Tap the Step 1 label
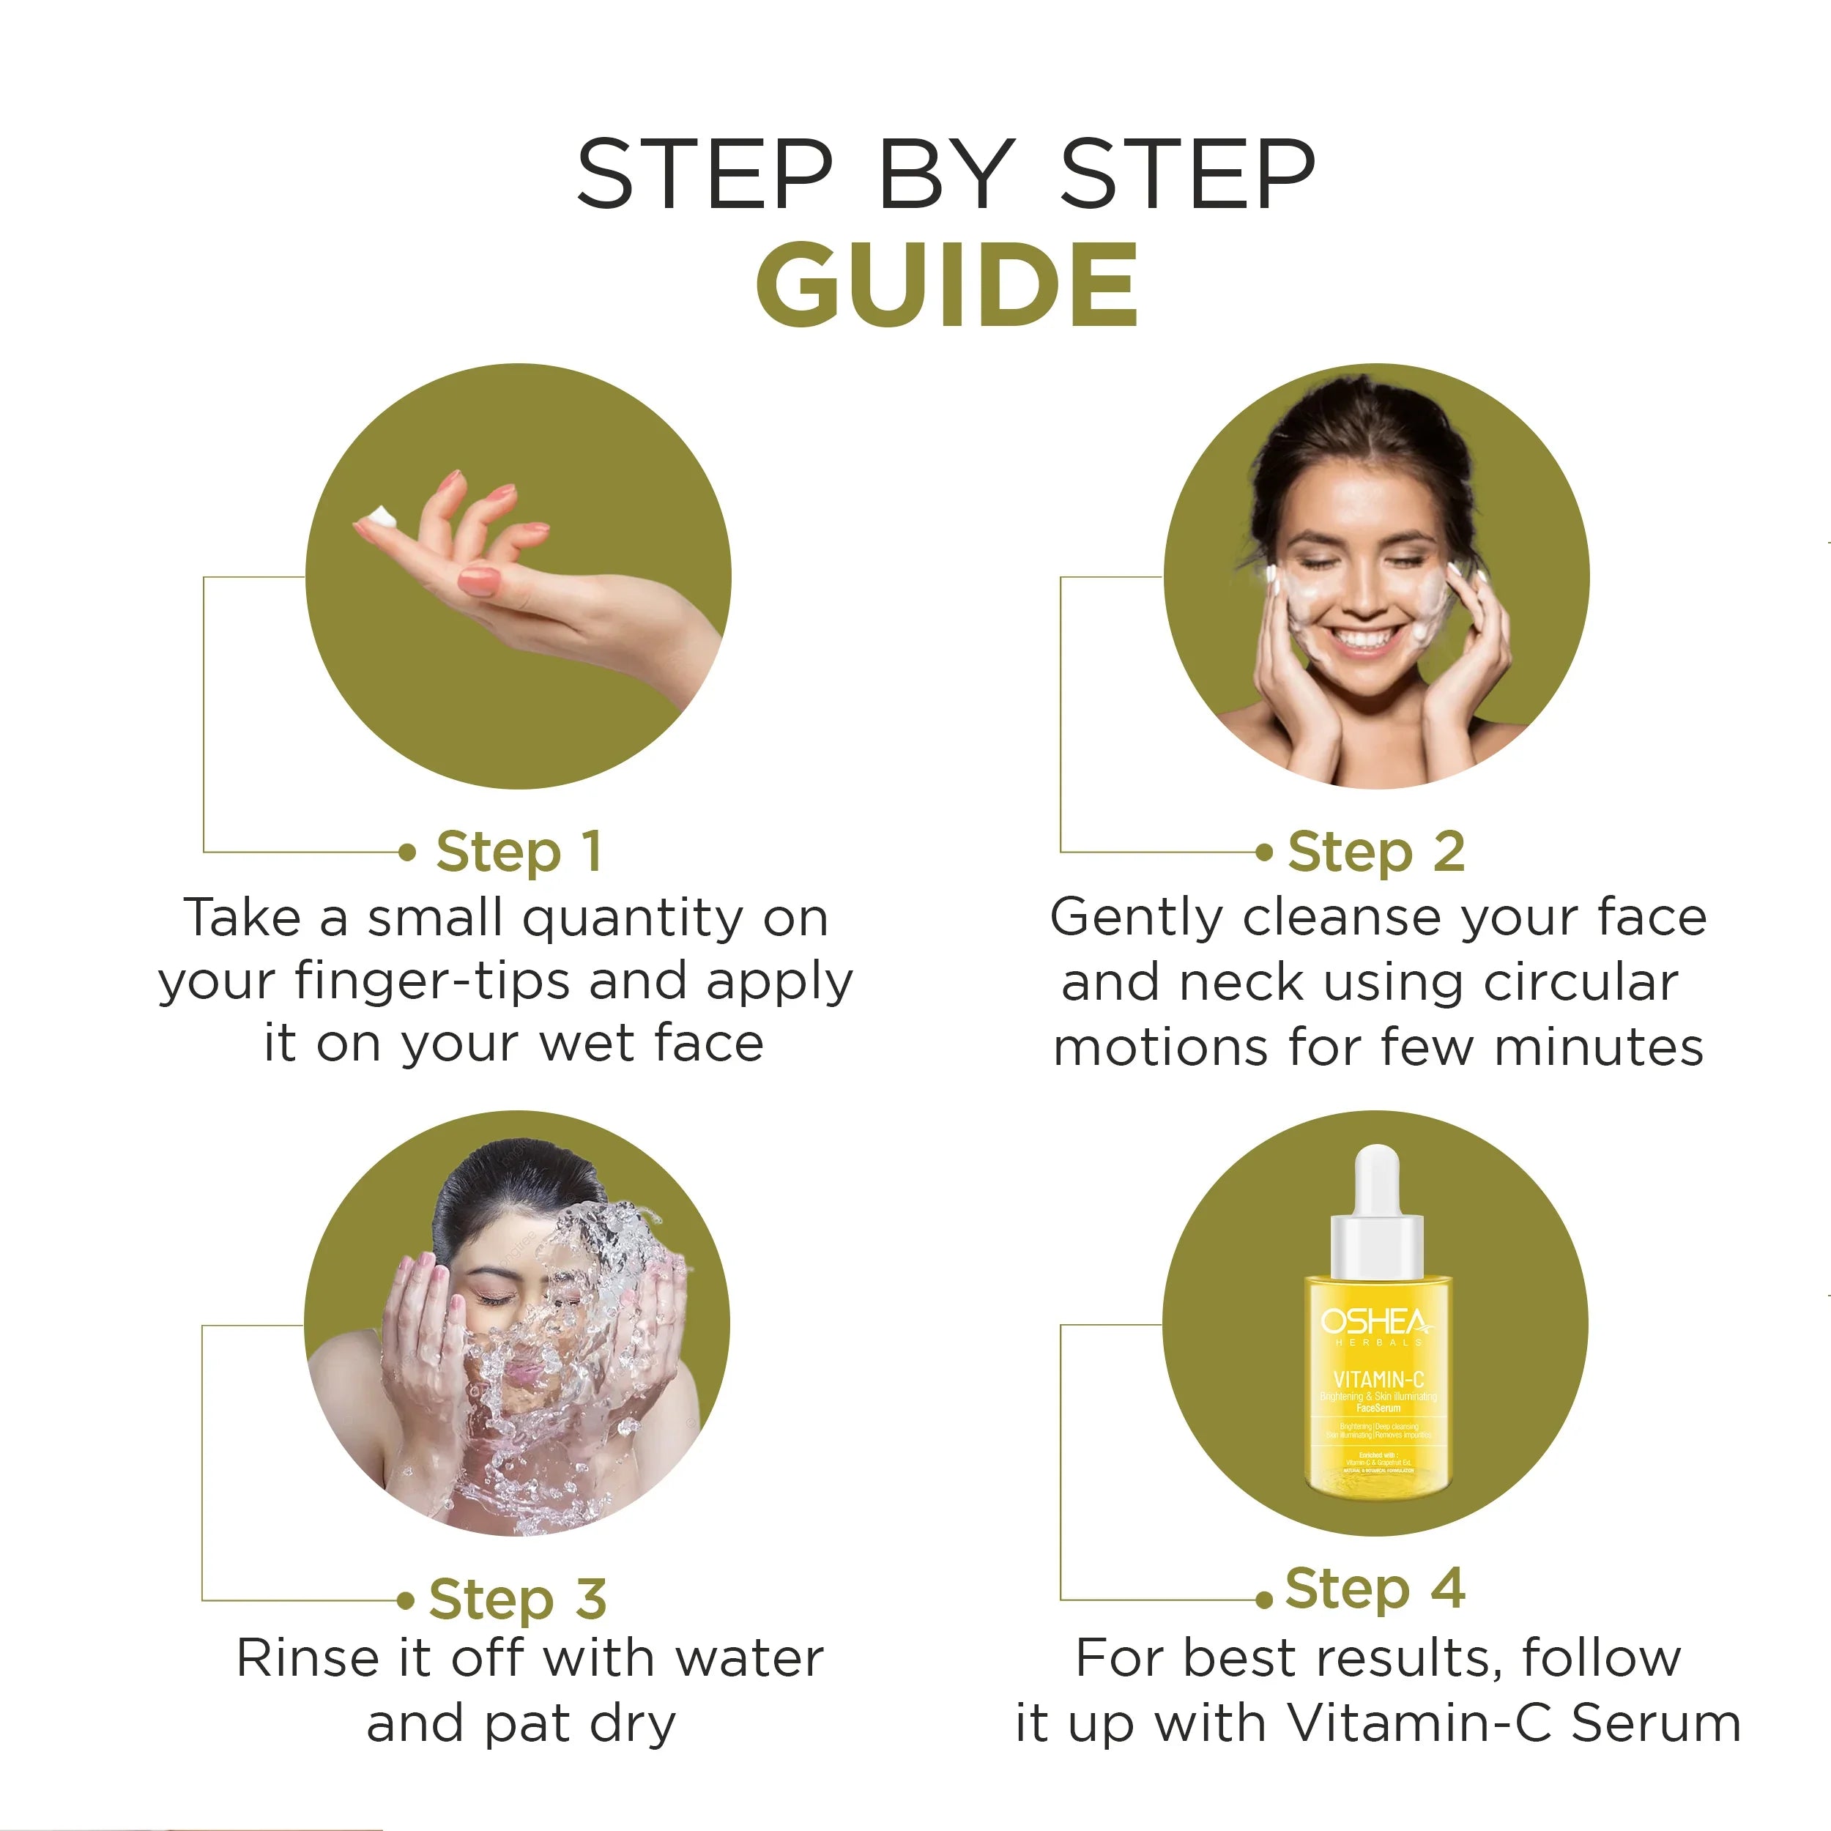(519, 851)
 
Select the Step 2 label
(1376, 851)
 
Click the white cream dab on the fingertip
(381, 518)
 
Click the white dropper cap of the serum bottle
(1377, 1180)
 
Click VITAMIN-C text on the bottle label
(1378, 1380)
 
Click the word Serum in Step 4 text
(1656, 1723)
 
